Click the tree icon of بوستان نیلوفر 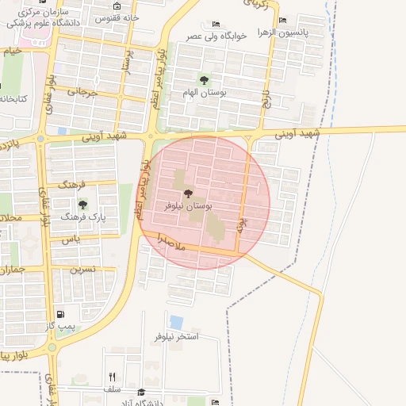[188, 193]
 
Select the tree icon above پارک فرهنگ [82, 205]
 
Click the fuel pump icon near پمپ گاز [61, 314]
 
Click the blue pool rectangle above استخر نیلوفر [176, 322]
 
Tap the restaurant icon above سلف [112, 377]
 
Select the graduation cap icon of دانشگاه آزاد [141, 392]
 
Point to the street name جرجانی [82, 91]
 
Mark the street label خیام [12, 51]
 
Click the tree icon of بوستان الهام [205, 80]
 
